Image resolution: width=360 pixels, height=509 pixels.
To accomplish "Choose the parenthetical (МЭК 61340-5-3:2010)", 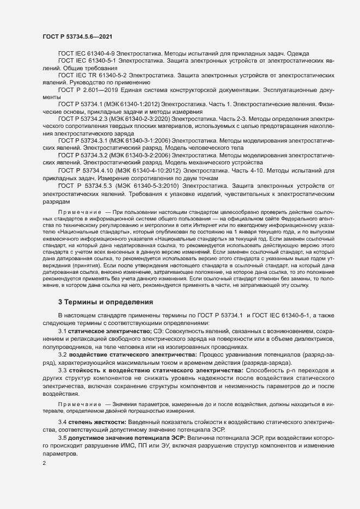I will click(x=146, y=186).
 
